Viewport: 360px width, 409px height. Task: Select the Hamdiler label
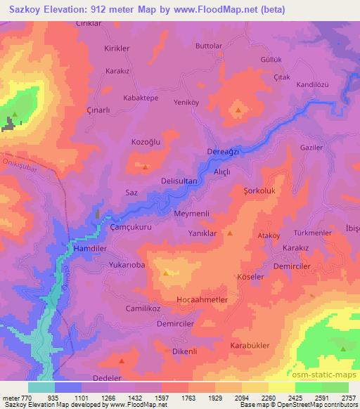[x=89, y=249]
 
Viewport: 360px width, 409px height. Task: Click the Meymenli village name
[x=192, y=214]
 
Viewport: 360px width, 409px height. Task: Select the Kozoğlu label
[x=146, y=141]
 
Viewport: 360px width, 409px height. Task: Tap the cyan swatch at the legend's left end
[x=41, y=387]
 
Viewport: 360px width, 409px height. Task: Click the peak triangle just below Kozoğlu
[x=146, y=167]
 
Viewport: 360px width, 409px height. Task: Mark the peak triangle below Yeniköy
[x=238, y=110]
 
